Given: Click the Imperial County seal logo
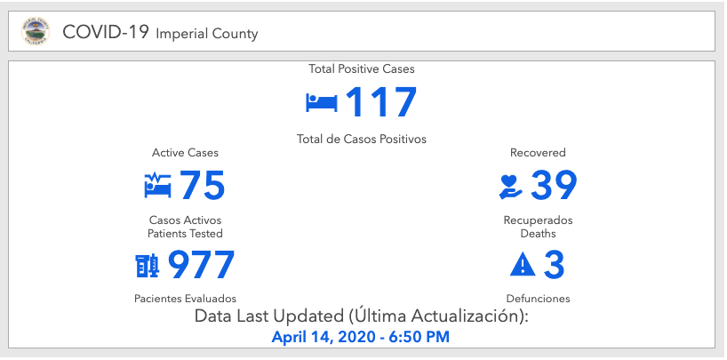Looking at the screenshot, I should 36,33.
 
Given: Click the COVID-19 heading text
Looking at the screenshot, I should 107,34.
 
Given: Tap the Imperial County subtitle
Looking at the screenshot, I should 207,35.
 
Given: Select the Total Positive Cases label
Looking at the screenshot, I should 362,68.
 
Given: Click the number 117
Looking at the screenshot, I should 380,102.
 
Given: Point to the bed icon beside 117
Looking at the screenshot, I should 321,102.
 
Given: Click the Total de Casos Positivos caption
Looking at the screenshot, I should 362,139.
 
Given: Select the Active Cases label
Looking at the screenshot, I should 185,153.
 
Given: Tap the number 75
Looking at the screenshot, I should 202,186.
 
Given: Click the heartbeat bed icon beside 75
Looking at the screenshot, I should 157,186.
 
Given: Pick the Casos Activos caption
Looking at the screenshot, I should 185,220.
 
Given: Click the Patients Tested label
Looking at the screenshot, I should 185,233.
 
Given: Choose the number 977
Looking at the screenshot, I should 201,265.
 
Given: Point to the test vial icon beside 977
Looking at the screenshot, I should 147,265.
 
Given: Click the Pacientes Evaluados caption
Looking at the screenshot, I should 185,299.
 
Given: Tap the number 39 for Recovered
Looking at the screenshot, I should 554,186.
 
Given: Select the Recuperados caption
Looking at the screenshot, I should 538,220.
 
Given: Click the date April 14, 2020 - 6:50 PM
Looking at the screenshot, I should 360,337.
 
